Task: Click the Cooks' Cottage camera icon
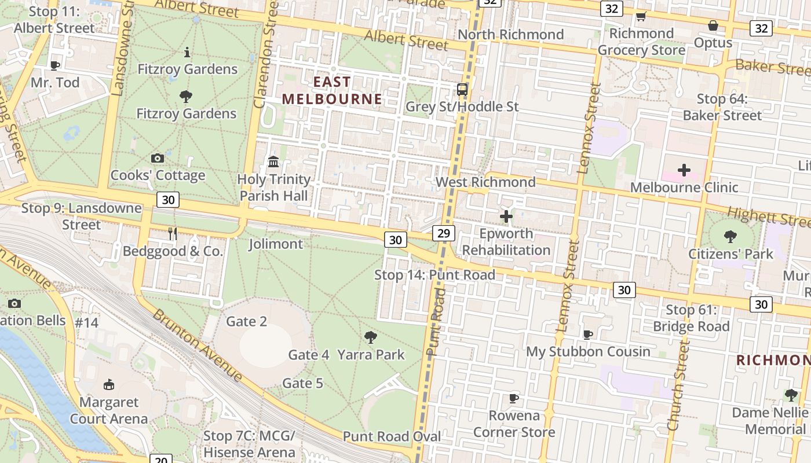157,158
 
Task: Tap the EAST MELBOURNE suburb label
332,90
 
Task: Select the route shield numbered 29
443,233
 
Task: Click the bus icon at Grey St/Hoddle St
462,90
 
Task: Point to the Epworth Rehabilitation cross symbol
506,217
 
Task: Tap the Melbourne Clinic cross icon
684,170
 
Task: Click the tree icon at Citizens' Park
730,236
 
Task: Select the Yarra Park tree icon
371,337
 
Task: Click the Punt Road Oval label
392,436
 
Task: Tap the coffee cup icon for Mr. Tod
55,65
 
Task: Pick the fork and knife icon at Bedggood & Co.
173,233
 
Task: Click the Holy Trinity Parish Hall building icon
274,161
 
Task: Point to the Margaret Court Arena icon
108,384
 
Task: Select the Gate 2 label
246,321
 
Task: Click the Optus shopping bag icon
713,25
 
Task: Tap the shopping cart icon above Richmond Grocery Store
641,16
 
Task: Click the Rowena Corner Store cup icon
513,398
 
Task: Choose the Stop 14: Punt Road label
434,275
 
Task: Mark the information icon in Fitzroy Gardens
187,53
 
